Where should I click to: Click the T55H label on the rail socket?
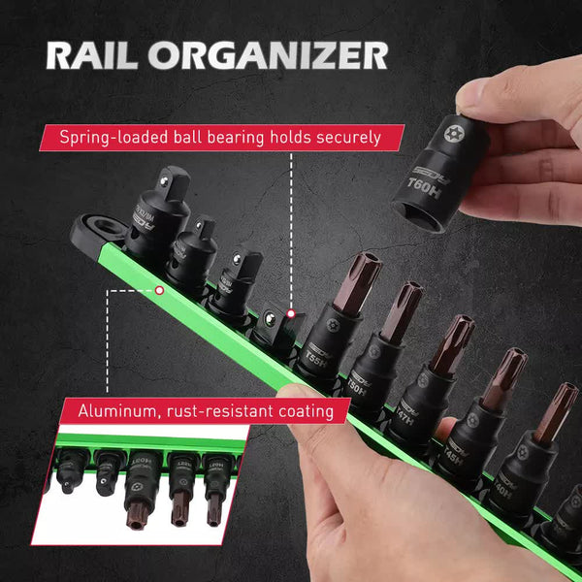[313, 357]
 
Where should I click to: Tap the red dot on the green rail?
[159, 288]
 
